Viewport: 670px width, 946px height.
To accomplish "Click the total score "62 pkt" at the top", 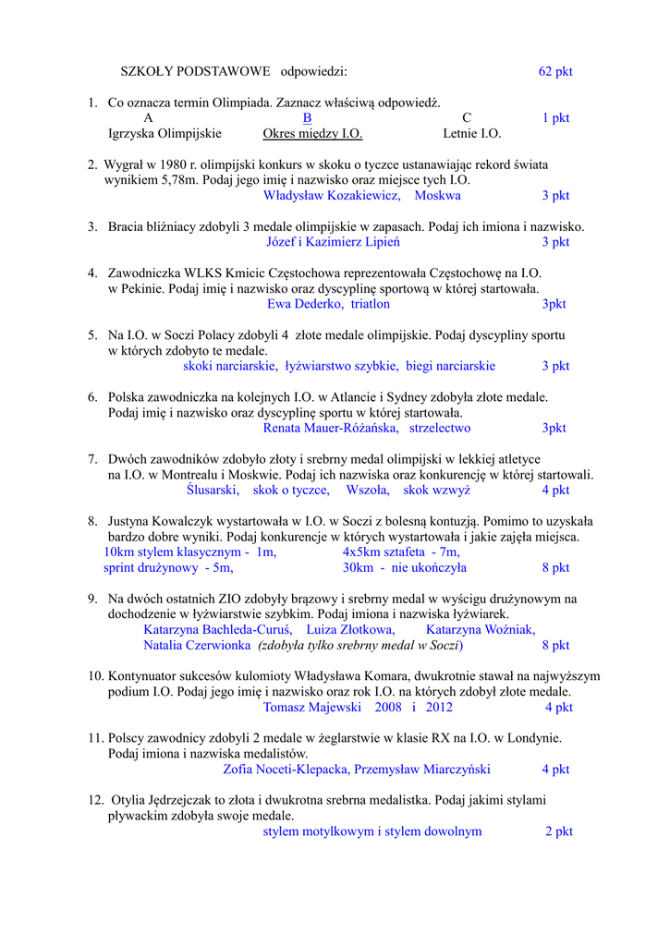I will click(555, 71).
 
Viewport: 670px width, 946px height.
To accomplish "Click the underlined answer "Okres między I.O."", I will click(312, 134).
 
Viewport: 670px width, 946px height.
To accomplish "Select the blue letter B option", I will click(307, 118).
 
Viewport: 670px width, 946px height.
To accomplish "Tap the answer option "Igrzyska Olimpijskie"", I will click(164, 134).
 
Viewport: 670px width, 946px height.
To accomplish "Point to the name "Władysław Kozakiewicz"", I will click(331, 196).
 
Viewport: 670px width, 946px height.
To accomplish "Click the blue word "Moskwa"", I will click(437, 196).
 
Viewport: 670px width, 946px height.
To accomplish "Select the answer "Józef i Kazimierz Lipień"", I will click(333, 242).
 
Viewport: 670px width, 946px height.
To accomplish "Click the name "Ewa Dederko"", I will click(305, 304).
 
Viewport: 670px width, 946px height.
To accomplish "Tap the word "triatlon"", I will click(371, 304).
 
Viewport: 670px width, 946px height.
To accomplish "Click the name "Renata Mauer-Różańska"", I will click(331, 428).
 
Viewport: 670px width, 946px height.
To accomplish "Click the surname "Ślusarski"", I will click(213, 490).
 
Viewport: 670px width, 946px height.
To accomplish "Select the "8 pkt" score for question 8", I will click(555, 568).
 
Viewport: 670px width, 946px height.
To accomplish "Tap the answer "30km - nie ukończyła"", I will click(404, 568).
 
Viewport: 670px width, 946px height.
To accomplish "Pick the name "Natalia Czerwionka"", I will click(197, 645).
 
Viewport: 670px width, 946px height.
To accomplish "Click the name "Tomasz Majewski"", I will click(311, 708).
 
